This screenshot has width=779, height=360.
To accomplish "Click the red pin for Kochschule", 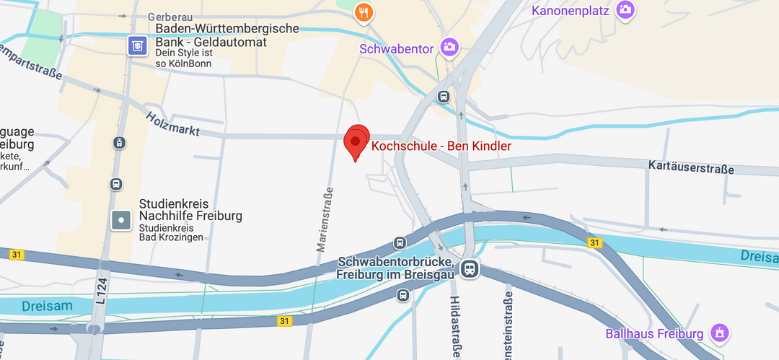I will click(x=356, y=141).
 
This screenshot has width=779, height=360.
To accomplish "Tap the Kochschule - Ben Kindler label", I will click(x=441, y=146).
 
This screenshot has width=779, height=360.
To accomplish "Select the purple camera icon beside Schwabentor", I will click(x=449, y=48).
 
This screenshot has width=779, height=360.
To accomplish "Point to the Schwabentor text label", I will click(x=396, y=49).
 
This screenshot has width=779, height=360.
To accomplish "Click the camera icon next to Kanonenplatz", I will click(x=625, y=10).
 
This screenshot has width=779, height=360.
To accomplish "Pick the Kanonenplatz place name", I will click(x=571, y=11).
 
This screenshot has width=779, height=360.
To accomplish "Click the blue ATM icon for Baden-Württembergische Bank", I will click(x=136, y=46).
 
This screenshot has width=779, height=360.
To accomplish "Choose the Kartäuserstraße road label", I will click(x=690, y=168).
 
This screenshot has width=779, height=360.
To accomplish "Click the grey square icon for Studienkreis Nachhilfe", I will click(x=121, y=219).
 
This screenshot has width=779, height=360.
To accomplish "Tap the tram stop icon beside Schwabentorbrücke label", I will click(x=470, y=269).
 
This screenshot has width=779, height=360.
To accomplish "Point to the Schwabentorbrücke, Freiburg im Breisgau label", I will click(x=395, y=268).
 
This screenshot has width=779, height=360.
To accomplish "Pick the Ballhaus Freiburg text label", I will click(x=654, y=334).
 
